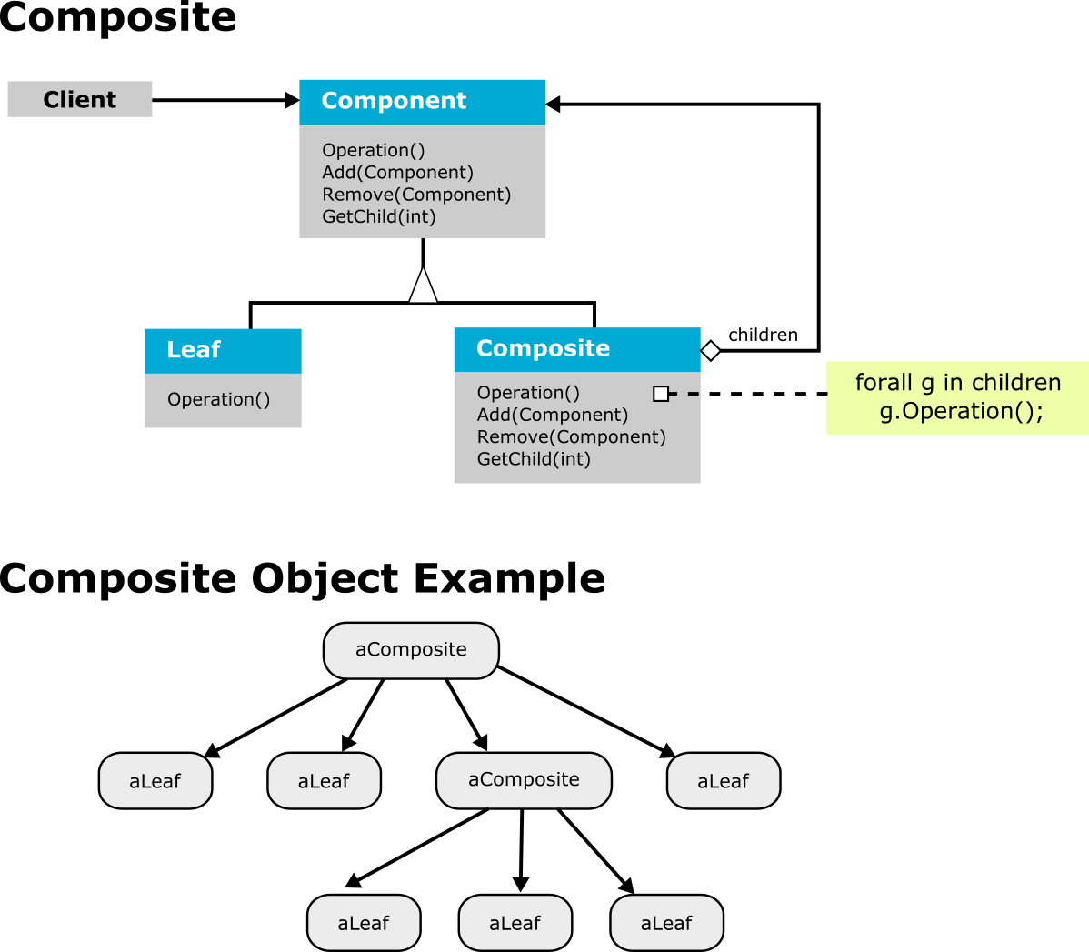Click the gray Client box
point(80,99)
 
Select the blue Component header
point(423,102)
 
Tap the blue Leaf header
point(223,351)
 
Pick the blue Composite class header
point(577,349)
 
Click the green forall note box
point(958,397)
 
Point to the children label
point(763,335)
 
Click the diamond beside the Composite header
point(711,351)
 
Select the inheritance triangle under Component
point(423,285)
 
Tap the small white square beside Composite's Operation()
point(661,394)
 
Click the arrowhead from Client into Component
point(293,100)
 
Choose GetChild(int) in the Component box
point(378,216)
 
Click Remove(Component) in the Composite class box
point(571,437)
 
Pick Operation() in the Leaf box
point(218,399)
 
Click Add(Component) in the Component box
point(397,173)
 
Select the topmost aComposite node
point(411,650)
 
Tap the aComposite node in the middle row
point(524,780)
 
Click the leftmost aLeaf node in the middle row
point(155,781)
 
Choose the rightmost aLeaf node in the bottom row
point(666,923)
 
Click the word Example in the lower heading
point(509,579)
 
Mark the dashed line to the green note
point(747,394)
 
